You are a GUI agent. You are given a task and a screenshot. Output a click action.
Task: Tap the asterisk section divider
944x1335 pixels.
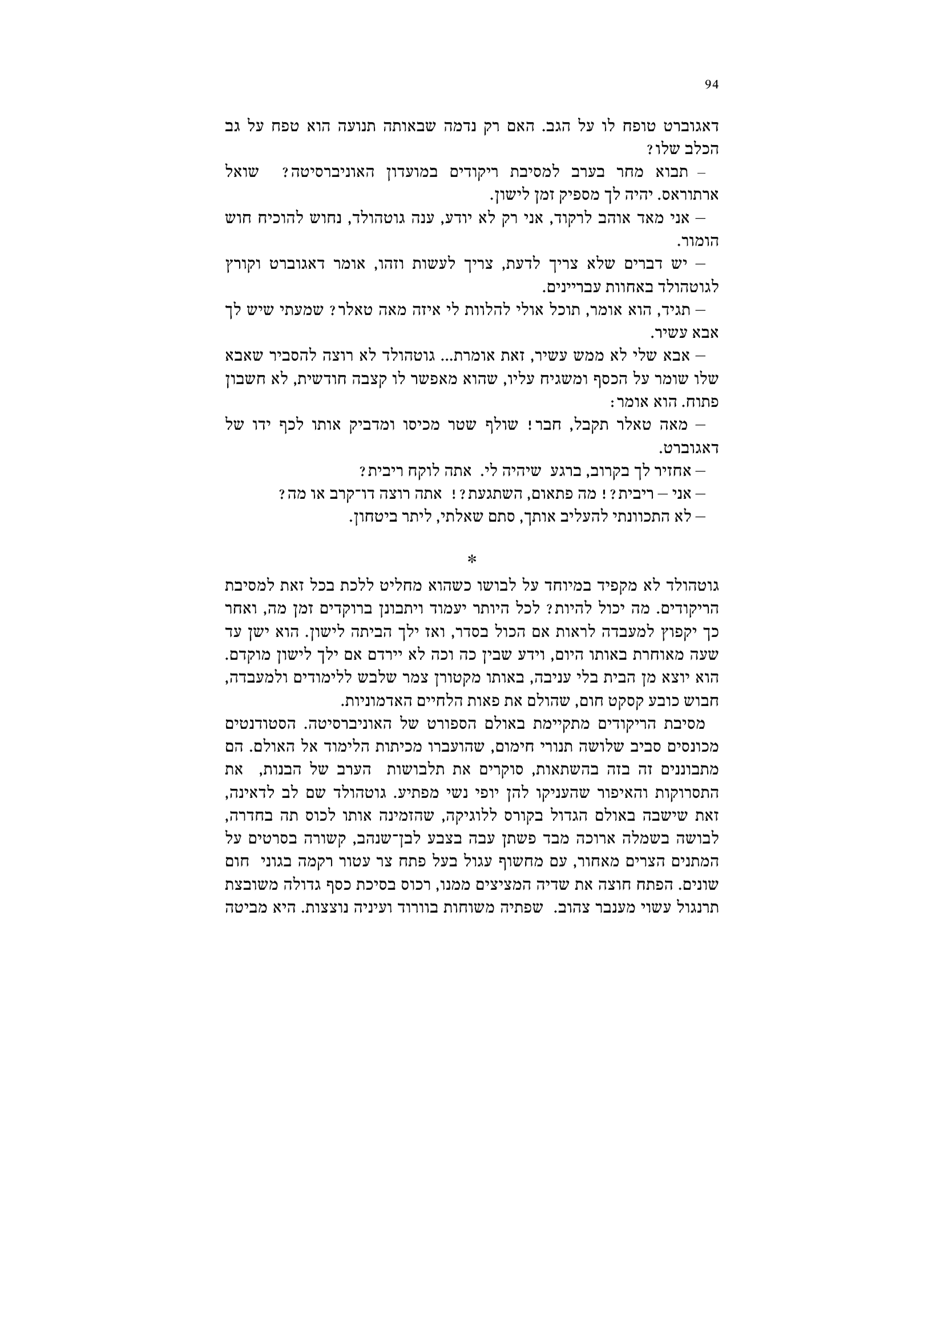pyautogui.click(x=471, y=559)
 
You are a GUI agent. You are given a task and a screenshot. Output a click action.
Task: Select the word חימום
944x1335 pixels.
pyautogui.click(x=518, y=747)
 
